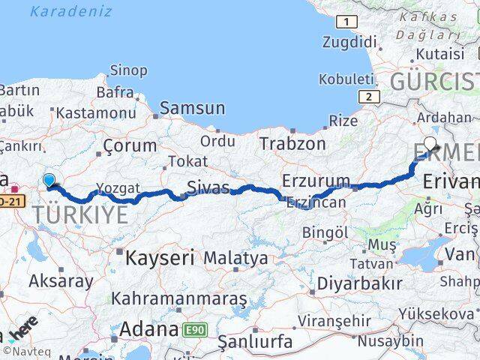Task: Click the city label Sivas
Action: pos(208,187)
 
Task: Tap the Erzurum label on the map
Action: pos(316,181)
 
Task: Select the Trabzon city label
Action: pos(292,143)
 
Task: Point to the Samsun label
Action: pos(192,108)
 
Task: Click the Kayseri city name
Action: pos(159,259)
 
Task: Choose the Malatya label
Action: pos(235,258)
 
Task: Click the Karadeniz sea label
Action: pos(71,11)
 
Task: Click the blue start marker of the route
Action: pos(49,180)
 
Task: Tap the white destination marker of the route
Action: pos(430,143)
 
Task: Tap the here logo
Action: pos(23,329)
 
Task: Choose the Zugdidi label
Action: pos(349,42)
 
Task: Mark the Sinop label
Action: pos(128,70)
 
